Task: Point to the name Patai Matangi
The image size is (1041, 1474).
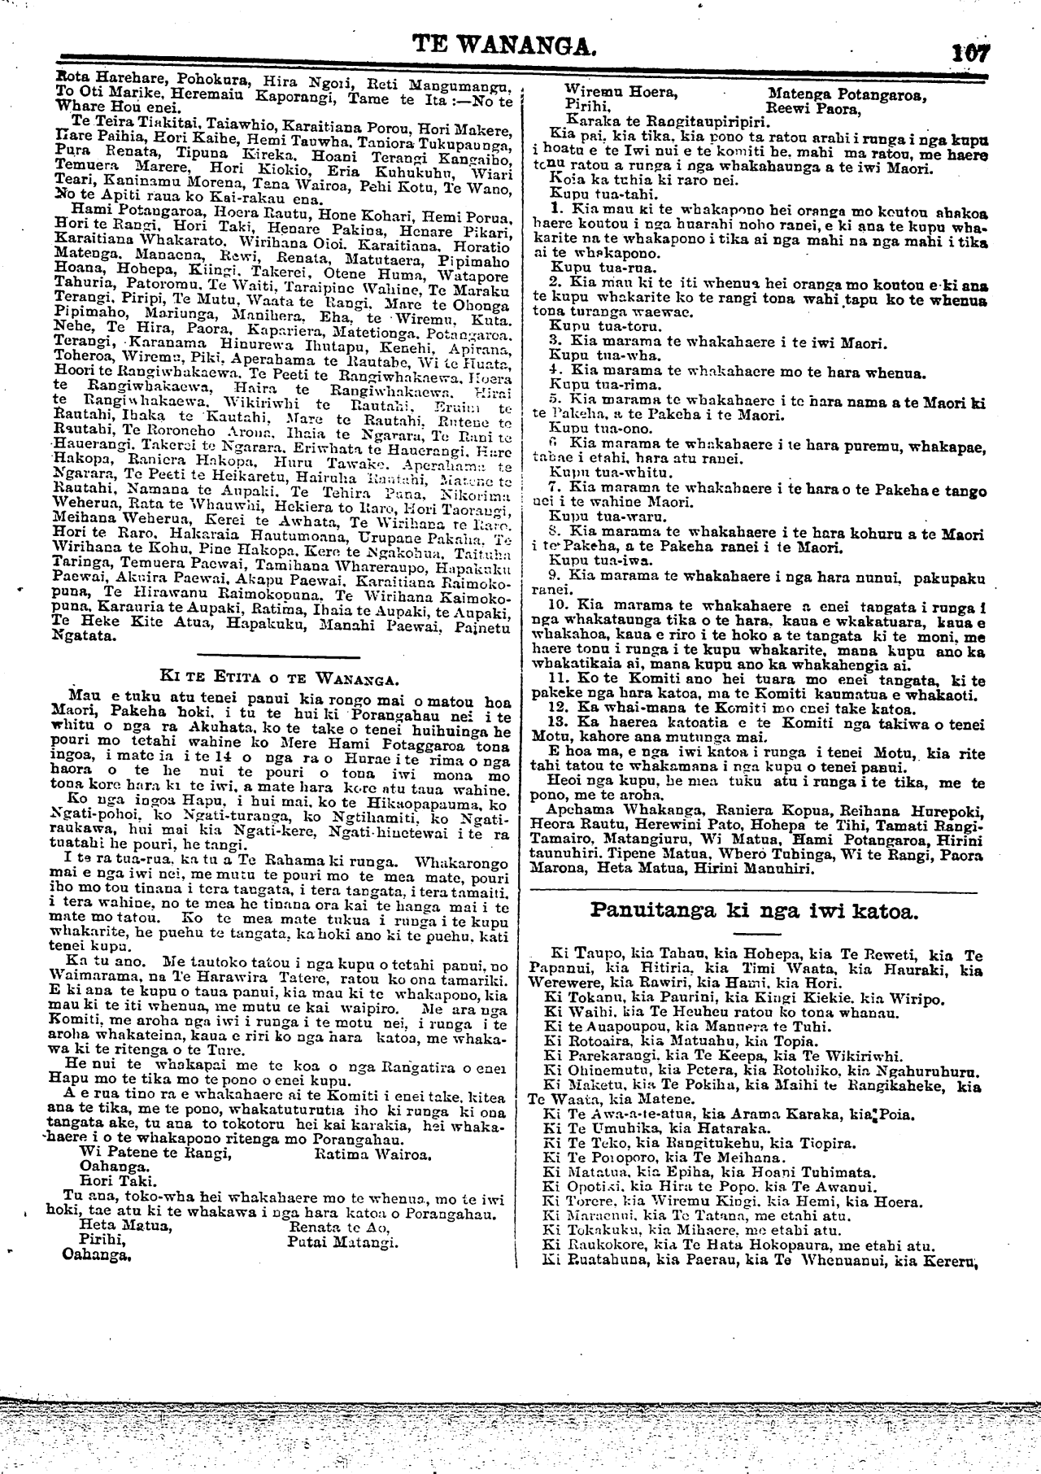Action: (342, 1242)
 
